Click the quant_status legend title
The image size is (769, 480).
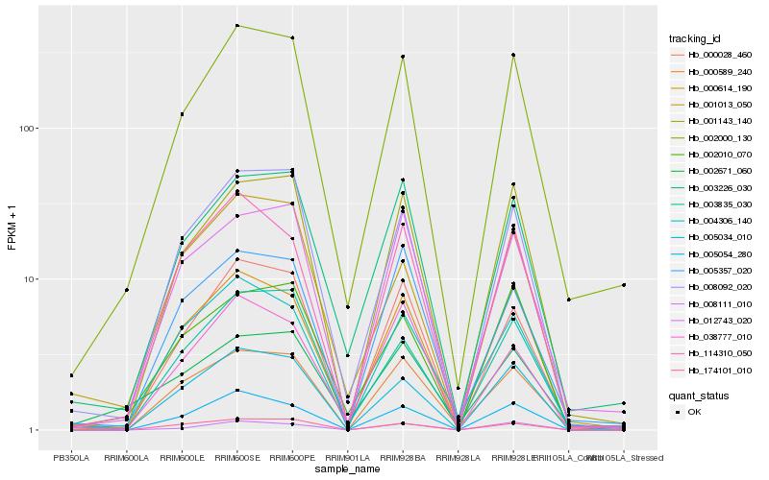coord(698,395)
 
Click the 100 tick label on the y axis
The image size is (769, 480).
coord(24,129)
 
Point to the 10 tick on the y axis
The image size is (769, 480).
coord(27,279)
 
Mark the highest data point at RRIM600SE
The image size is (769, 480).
coord(236,26)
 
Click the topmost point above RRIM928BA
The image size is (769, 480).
coord(403,57)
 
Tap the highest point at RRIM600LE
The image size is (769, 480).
coord(182,114)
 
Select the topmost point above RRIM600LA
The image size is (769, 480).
coord(126,290)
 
